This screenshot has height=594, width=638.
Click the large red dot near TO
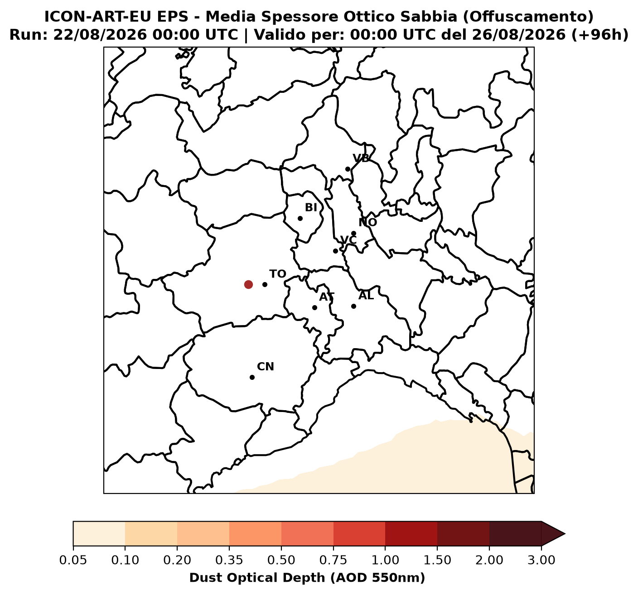pos(248,284)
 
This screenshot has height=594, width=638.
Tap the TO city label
pos(278,274)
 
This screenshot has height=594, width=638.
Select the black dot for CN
pos(252,377)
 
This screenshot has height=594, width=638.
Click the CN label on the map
pos(266,367)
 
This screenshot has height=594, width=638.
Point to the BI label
pos(311,208)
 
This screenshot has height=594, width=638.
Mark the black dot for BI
pos(300,218)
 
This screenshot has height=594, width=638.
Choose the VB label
pos(361,158)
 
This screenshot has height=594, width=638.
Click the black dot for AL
pos(353,307)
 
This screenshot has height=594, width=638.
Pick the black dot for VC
pos(335,251)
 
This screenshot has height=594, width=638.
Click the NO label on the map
pos(368,222)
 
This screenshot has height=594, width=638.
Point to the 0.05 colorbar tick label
pos(73,560)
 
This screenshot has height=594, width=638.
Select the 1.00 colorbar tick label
pos(385,560)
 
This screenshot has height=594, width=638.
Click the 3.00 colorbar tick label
pos(541,560)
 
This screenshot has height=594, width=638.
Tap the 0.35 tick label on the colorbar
pos(229,560)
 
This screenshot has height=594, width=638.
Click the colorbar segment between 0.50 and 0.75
pos(307,534)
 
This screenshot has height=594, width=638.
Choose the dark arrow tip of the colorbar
pos(565,534)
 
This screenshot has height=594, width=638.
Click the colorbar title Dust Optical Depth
pos(307,578)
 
